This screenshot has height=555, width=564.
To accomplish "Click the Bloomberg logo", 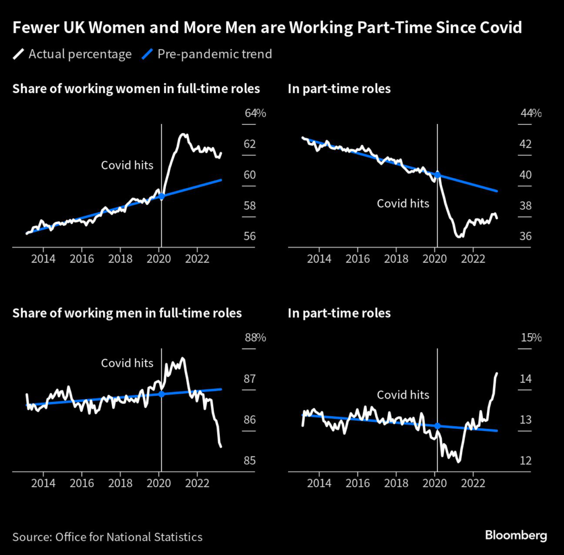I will (x=516, y=535).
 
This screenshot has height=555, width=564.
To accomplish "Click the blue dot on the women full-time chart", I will (x=161, y=196).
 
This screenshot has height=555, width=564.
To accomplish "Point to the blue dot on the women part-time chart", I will (x=437, y=175).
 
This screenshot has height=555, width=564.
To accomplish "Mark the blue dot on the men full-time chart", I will (x=161, y=394).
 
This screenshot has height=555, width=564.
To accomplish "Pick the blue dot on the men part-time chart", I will (x=437, y=426).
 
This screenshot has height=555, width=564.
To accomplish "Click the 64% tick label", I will (x=255, y=113).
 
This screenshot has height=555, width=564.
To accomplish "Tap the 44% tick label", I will (x=531, y=113).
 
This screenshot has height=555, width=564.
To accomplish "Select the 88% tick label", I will (x=255, y=338).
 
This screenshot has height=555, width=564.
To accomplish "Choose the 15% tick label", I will (x=531, y=338).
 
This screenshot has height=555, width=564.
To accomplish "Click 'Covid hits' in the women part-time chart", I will (x=403, y=203).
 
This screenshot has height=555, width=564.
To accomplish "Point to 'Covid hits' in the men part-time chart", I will (x=403, y=395).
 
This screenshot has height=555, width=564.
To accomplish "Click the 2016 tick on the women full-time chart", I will (x=82, y=259).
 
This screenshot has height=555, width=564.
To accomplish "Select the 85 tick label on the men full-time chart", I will (x=250, y=460).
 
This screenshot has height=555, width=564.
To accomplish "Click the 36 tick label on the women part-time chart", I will (x=525, y=236).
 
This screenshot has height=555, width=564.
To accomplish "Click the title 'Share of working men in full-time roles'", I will (x=127, y=313).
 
